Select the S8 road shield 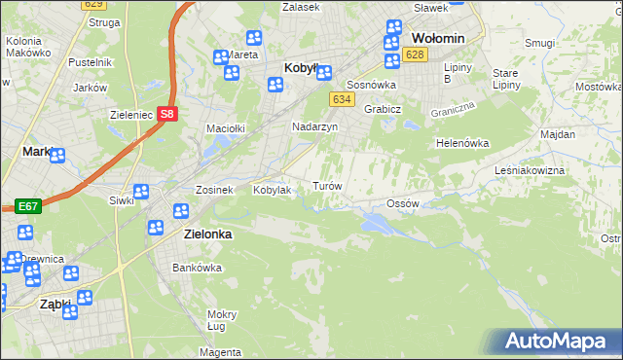(x=168, y=114)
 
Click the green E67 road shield (x=26, y=206)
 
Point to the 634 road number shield (x=341, y=99)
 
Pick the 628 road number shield (x=416, y=54)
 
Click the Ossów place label (x=402, y=203)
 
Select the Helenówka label (x=461, y=143)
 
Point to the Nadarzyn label (x=315, y=126)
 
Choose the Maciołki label (x=224, y=127)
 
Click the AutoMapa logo (x=556, y=342)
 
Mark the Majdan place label (x=558, y=133)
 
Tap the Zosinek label (x=214, y=190)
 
